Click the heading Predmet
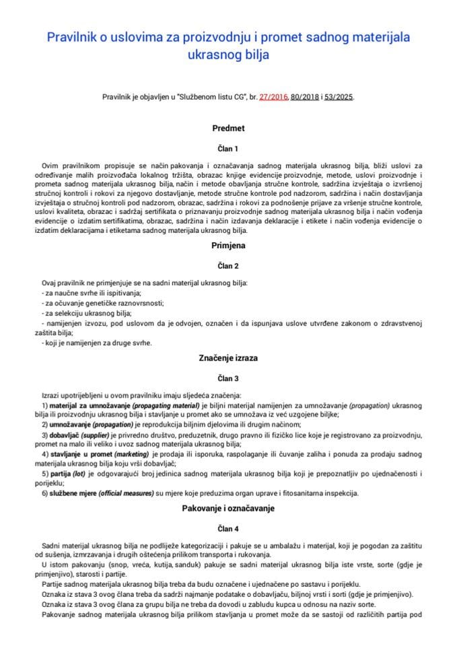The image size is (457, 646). click(x=228, y=127)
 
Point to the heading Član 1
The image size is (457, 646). click(x=228, y=148)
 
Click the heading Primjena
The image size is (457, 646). click(x=228, y=246)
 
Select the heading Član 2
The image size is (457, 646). click(x=228, y=266)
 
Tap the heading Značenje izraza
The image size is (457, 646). click(x=228, y=357)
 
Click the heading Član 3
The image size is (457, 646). click(x=228, y=378)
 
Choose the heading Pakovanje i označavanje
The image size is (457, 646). click(x=228, y=508)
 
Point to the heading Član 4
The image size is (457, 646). click(x=228, y=529)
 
